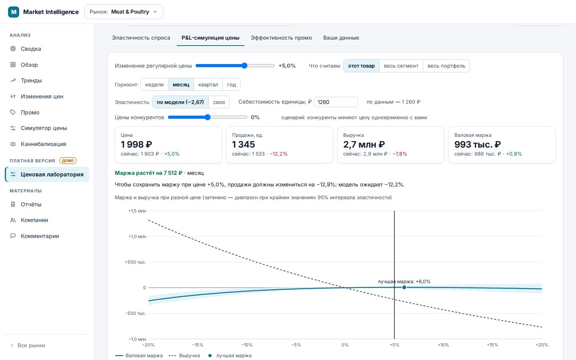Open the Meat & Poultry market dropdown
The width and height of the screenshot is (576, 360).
click(124, 12)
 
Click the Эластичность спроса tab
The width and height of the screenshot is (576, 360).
click(141, 38)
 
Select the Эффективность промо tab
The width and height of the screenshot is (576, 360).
click(281, 38)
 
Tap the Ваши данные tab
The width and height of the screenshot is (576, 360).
click(341, 38)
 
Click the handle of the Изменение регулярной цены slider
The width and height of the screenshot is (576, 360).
click(244, 66)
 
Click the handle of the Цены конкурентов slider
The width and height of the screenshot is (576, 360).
click(208, 117)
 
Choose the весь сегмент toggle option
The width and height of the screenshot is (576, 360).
click(401, 66)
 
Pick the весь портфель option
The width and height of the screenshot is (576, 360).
click(446, 66)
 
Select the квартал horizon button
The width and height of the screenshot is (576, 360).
click(208, 85)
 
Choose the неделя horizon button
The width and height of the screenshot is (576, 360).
click(154, 85)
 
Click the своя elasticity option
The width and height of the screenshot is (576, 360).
click(219, 102)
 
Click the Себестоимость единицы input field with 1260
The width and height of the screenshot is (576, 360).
click(336, 102)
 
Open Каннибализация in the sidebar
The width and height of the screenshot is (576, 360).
click(44, 144)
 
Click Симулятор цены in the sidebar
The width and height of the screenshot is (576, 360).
click(44, 128)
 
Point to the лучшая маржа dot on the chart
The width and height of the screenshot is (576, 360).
click(404, 287)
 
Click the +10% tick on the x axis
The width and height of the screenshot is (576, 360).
click(443, 345)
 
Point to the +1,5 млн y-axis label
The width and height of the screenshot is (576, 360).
click(137, 211)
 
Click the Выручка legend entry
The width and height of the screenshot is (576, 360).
click(184, 356)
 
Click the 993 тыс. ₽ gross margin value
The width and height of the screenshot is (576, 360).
click(477, 144)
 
